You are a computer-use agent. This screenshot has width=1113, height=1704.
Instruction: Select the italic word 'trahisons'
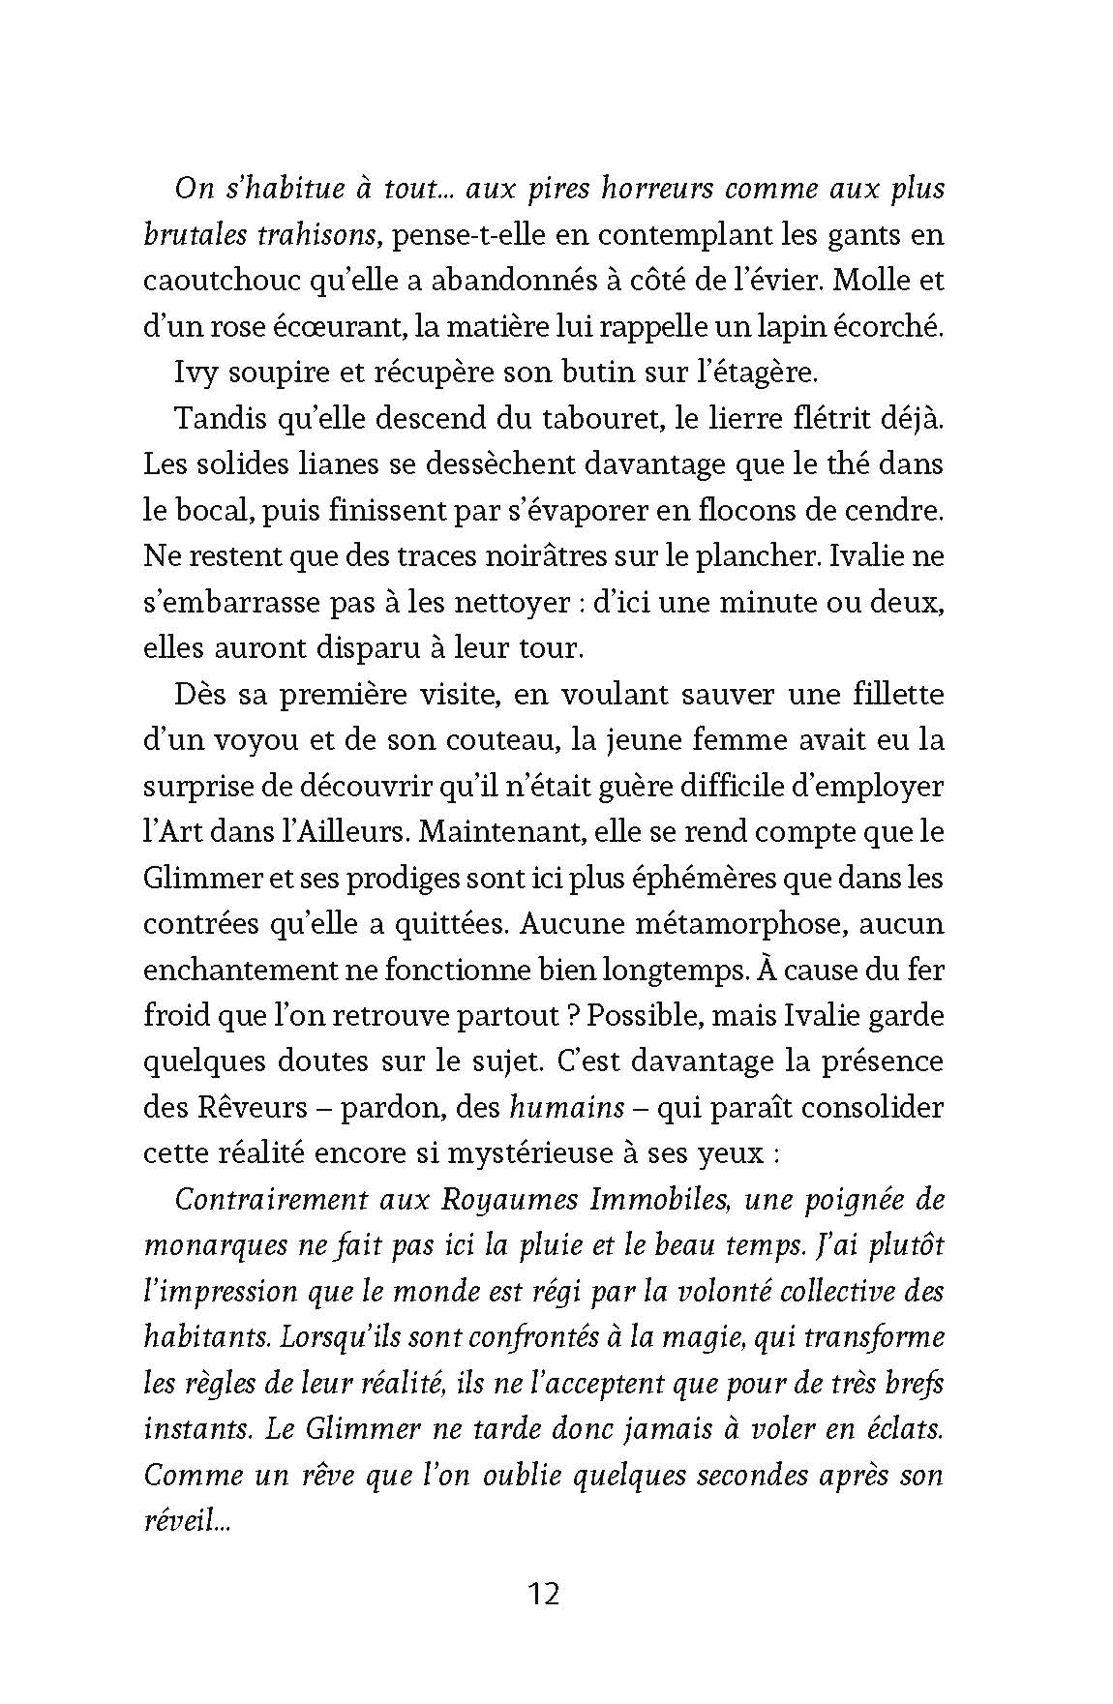(286, 235)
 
